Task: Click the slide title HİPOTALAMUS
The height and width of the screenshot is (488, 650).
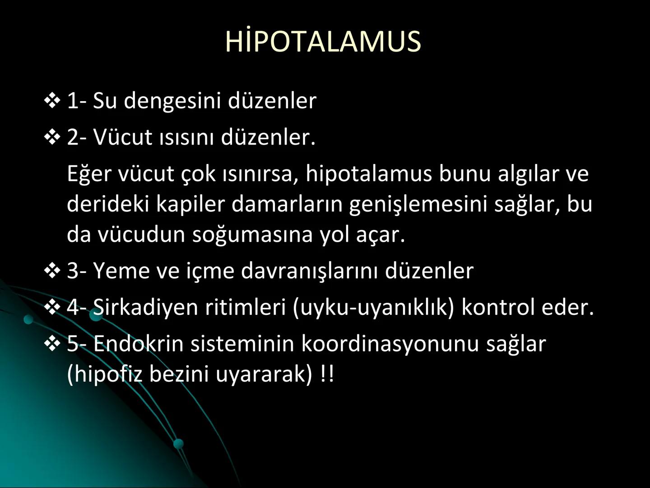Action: [323, 42]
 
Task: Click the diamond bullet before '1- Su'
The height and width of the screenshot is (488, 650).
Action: [52, 100]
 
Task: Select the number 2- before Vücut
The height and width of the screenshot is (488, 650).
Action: [77, 137]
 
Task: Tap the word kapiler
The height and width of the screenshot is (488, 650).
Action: [190, 204]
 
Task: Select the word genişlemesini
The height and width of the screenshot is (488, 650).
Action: [418, 204]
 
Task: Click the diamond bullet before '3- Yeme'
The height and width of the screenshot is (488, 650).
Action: [52, 271]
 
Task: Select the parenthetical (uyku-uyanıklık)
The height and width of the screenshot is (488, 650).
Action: [373, 307]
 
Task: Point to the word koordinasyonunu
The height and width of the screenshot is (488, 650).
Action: [390, 344]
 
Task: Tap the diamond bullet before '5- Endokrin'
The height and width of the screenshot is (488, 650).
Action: [52, 344]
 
